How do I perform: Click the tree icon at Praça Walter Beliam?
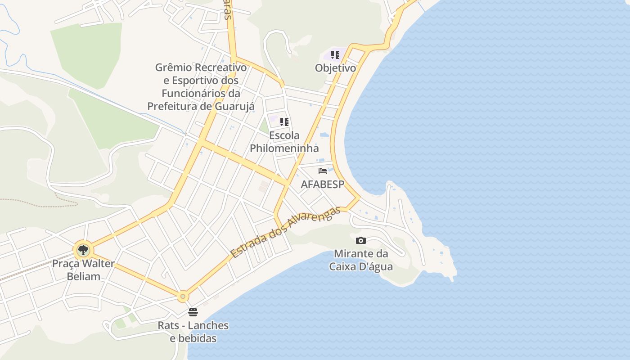pyautogui.click(x=83, y=250)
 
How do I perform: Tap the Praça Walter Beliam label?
pyautogui.click(x=83, y=270)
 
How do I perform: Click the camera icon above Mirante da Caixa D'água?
pyautogui.click(x=360, y=240)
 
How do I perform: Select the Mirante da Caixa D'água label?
pyautogui.click(x=361, y=260)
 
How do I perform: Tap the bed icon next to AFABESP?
pyautogui.click(x=322, y=171)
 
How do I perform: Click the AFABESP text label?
pyautogui.click(x=322, y=184)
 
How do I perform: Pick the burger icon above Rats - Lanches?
pyautogui.click(x=193, y=312)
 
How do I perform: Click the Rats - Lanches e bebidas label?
pyautogui.click(x=193, y=332)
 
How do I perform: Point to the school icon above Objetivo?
pyautogui.click(x=335, y=55)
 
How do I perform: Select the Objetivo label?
pyautogui.click(x=335, y=68)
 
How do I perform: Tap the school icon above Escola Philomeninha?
pyautogui.click(x=284, y=121)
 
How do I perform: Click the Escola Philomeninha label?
pyautogui.click(x=284, y=141)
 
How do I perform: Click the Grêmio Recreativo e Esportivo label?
pyautogui.click(x=201, y=87)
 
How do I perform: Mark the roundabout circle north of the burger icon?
pyautogui.click(x=182, y=297)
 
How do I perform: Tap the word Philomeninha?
pyautogui.click(x=284, y=148)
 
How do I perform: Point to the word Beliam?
pyautogui.click(x=83, y=276)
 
